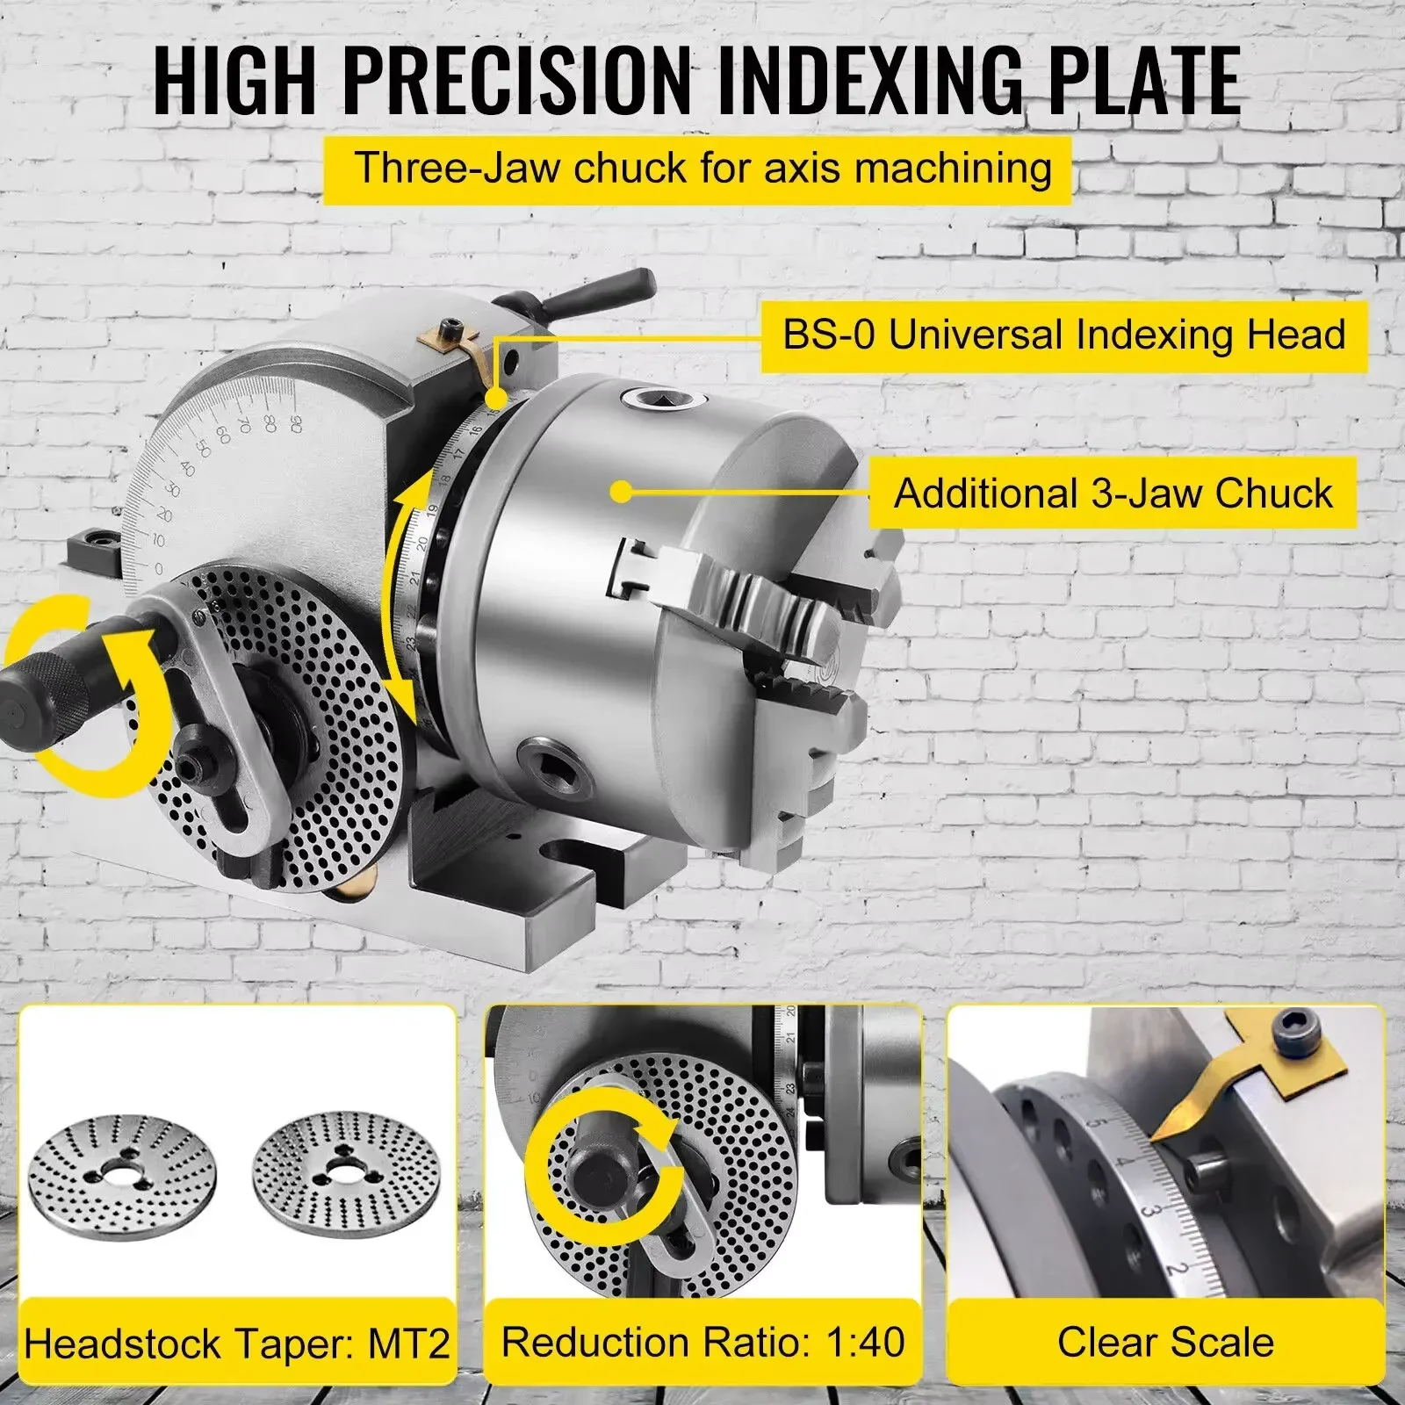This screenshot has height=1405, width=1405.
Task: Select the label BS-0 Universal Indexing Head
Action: pyautogui.click(x=1063, y=335)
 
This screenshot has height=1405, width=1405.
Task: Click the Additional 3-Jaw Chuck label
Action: pyautogui.click(x=1113, y=494)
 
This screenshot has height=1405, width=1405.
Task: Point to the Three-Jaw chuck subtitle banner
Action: pyautogui.click(x=702, y=168)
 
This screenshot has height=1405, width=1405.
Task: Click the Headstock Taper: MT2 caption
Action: pyautogui.click(x=237, y=1344)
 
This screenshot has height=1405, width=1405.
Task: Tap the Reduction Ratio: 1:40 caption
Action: pyautogui.click(x=702, y=1342)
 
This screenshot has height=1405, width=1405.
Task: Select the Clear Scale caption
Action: pyautogui.click(x=1165, y=1342)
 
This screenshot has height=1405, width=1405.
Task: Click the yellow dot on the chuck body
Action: pyautogui.click(x=622, y=492)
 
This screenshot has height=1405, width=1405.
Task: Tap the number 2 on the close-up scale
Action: pyautogui.click(x=1179, y=1269)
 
